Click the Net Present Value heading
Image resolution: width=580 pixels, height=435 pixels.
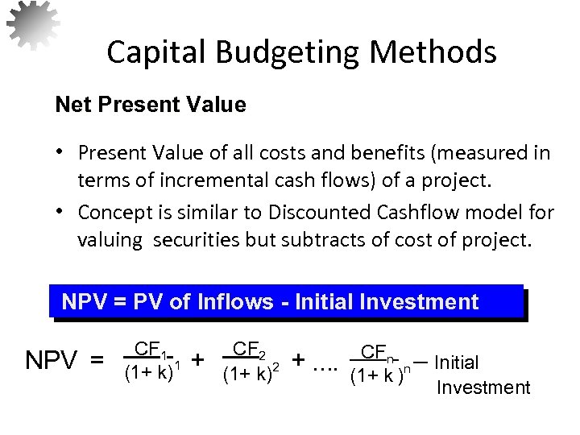pos(150,106)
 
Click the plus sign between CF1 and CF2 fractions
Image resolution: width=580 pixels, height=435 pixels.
pos(198,358)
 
